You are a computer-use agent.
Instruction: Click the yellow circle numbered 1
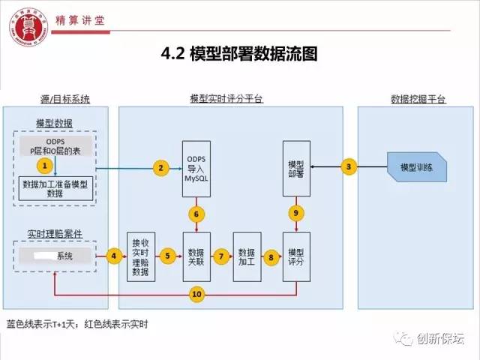coord(45,163)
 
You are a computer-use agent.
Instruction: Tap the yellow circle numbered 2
coord(160,168)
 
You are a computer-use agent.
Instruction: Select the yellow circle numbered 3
coord(348,167)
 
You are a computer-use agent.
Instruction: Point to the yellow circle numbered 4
coord(114,256)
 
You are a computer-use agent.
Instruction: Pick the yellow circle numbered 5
coord(169,256)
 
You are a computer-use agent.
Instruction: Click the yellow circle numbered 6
coord(196,214)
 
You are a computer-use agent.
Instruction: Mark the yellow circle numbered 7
coord(221,256)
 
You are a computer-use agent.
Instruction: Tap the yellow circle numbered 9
coord(296,214)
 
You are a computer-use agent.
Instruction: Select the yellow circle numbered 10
coord(197,295)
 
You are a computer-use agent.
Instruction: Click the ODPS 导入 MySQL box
coord(196,169)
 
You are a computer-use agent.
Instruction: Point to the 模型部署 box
coord(295,169)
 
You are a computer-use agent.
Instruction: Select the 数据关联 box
coord(196,256)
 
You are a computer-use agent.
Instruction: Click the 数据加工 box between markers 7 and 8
coord(246,256)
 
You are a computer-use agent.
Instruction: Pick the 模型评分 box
coord(295,256)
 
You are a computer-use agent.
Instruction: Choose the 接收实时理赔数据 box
coord(140,256)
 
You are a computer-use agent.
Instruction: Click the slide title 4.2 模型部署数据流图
coord(240,53)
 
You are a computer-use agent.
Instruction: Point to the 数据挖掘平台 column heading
coord(418,99)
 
